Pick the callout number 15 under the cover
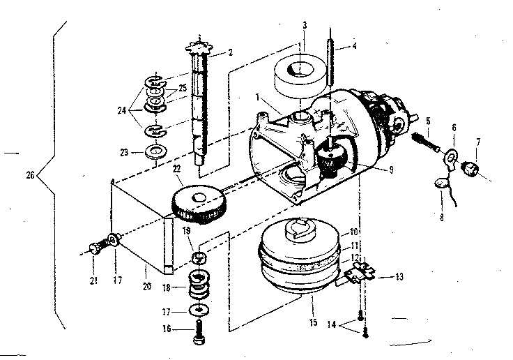[312, 302]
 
